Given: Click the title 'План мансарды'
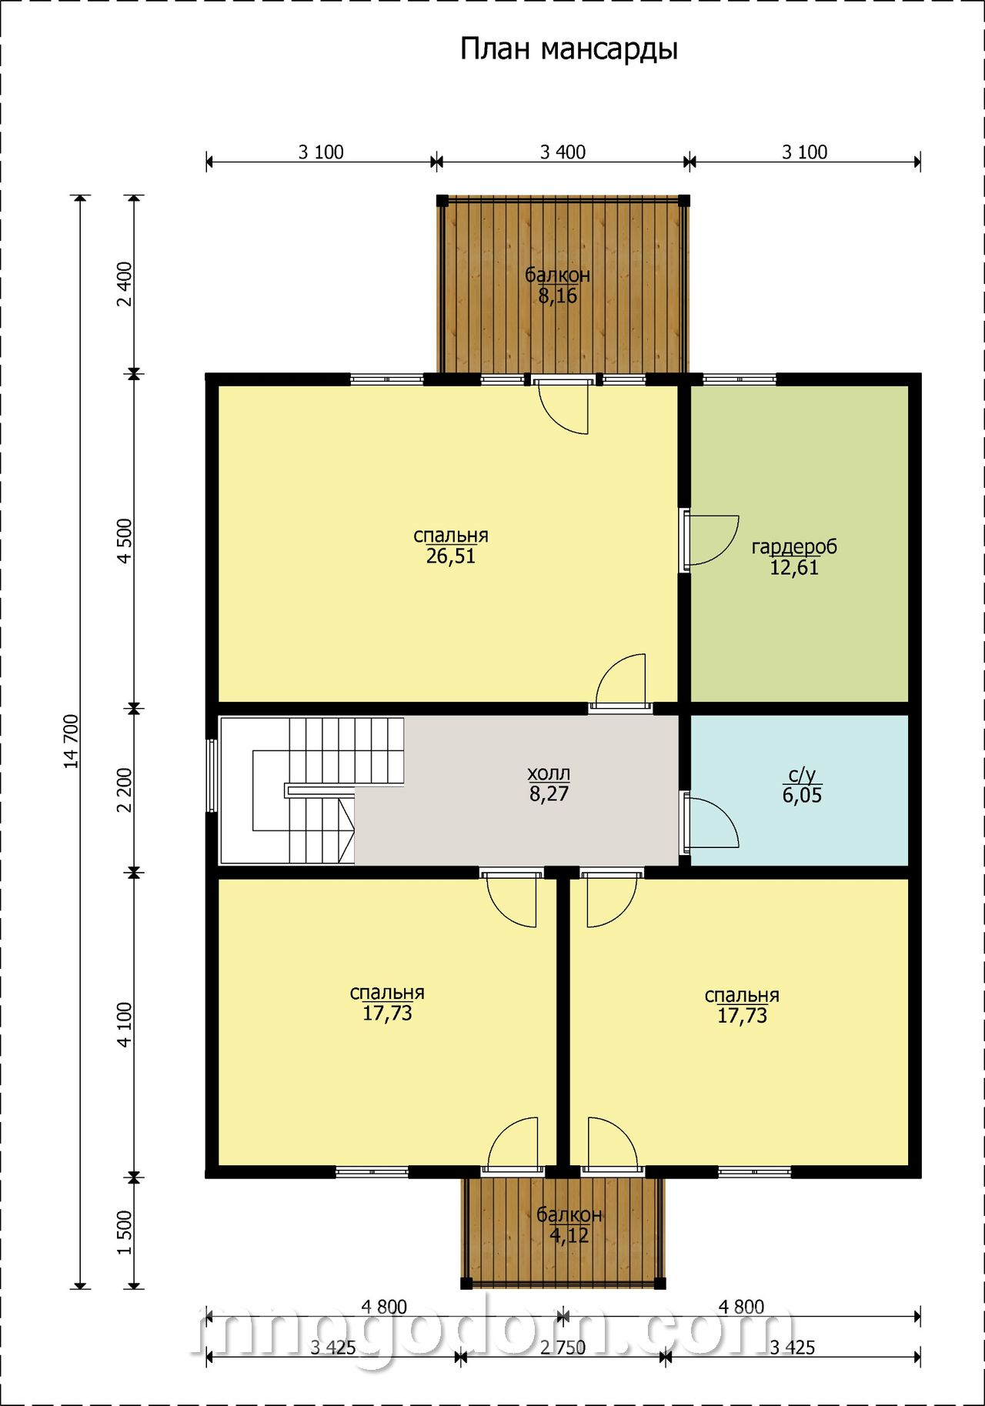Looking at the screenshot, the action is (x=569, y=49).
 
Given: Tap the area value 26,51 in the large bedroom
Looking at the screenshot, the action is (x=451, y=556).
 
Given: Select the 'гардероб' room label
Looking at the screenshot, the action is (x=794, y=547).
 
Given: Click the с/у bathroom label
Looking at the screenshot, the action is (x=802, y=775).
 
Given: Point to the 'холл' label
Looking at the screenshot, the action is (x=549, y=773).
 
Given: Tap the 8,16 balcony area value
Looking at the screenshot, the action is (x=558, y=296).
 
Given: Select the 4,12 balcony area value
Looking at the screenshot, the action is (x=569, y=1235).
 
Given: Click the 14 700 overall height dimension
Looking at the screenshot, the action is (x=72, y=741).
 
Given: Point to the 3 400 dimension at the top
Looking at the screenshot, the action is (x=563, y=152).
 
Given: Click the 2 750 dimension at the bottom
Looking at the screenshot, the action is (x=563, y=1348).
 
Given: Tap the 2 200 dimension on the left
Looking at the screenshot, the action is (x=125, y=790).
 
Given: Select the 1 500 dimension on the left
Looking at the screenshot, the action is (x=125, y=1232).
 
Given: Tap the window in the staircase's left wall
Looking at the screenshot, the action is (x=212, y=776).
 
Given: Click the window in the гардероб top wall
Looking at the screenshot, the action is (x=740, y=379).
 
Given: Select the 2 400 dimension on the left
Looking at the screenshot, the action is (x=125, y=284).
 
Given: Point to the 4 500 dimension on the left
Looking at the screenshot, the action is (x=125, y=541).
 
